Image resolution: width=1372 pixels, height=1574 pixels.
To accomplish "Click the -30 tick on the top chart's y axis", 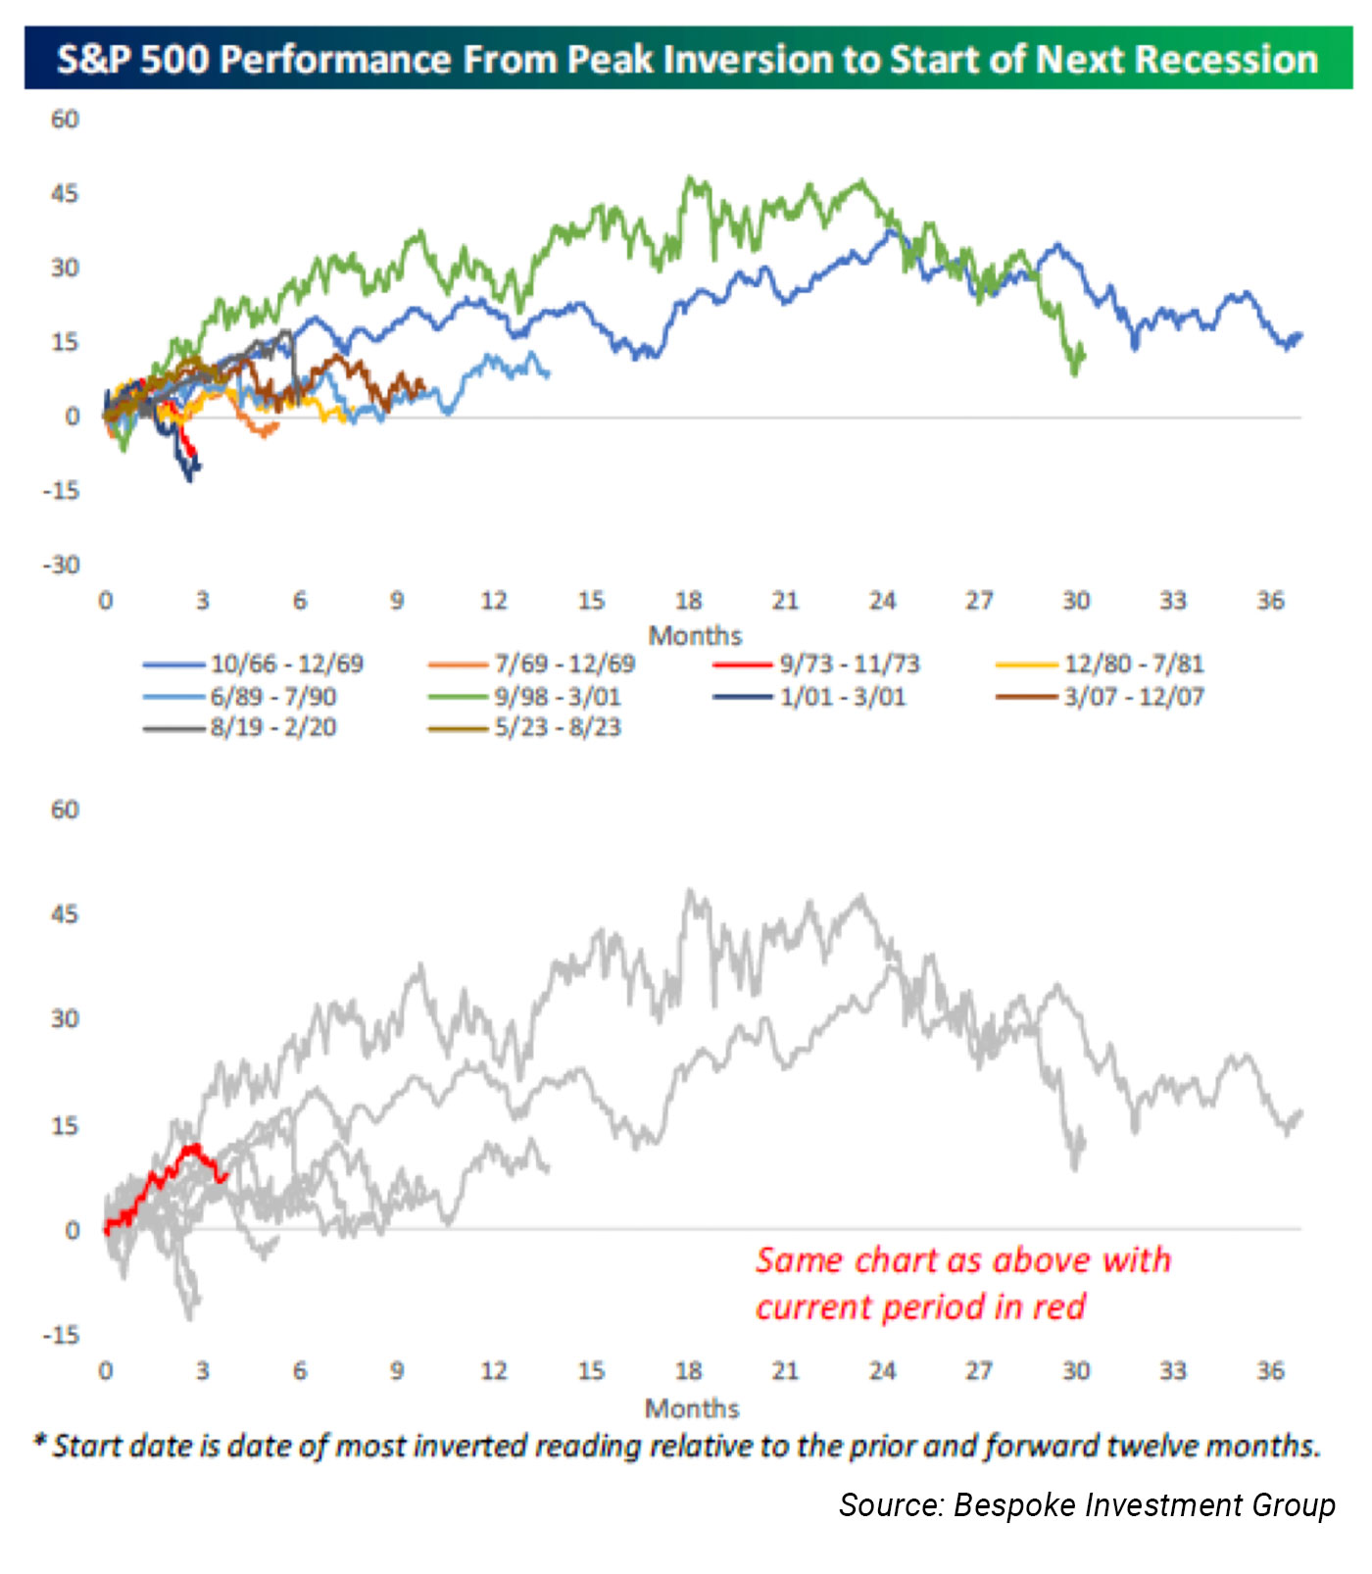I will [61, 566].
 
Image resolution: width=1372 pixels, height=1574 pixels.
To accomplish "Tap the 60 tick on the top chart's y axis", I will [65, 120].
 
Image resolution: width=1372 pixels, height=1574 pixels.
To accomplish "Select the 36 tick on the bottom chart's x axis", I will [1270, 1370].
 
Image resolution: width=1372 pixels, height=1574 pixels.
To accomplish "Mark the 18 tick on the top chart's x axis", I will [688, 601].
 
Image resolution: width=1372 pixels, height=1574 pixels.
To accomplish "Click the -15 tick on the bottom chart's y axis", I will [61, 1335].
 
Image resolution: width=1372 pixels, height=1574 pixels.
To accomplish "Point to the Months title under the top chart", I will [695, 635].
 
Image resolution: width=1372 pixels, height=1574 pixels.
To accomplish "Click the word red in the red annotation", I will [1058, 1306].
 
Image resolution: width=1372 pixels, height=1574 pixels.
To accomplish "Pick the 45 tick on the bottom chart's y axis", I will [65, 914].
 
